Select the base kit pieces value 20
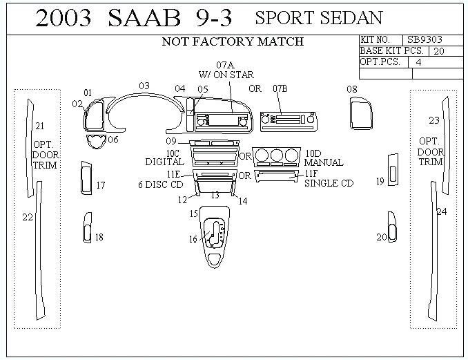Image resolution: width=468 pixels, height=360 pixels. [x=439, y=51]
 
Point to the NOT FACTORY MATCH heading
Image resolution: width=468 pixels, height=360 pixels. [x=233, y=41]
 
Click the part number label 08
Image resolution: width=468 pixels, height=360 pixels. [x=352, y=89]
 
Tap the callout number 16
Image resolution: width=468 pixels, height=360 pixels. [x=193, y=239]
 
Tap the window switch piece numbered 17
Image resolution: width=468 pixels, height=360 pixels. [x=86, y=178]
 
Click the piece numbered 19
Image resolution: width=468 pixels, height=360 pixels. [x=392, y=170]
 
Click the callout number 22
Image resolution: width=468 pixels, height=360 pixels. [x=28, y=217]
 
